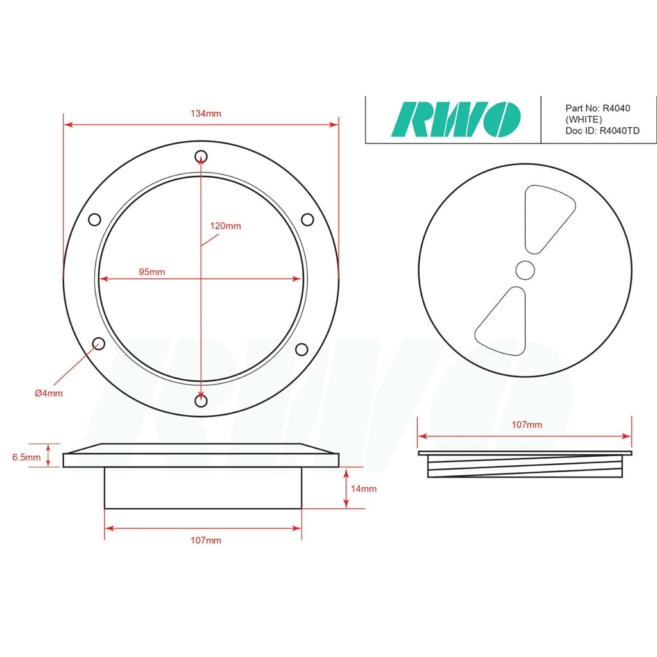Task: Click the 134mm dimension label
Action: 206,114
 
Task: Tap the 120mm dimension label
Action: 225,226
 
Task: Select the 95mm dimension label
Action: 151,272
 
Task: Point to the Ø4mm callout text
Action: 49,393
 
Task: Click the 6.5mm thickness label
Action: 26,457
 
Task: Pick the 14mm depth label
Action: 364,489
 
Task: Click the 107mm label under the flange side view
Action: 206,540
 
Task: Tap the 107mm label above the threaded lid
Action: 527,425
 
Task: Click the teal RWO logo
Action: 456,119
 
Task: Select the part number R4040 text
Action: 597,108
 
